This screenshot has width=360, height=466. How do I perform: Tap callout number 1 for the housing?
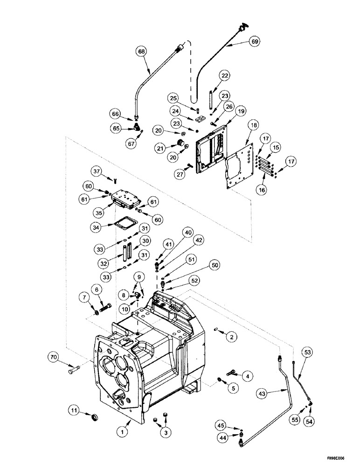coord(123,432)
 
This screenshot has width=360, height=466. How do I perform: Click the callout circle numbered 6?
coord(98,289)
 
